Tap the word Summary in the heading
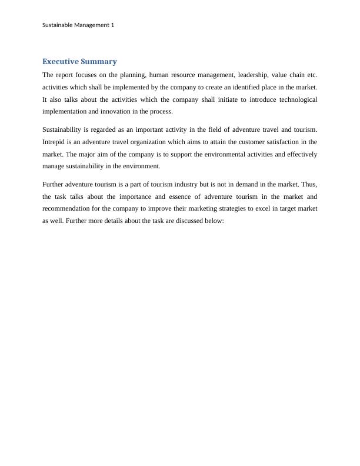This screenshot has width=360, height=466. [101, 62]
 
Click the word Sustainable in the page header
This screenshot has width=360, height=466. [59, 25]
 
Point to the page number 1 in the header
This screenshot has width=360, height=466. [112, 25]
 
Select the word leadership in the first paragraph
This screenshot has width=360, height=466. [238, 75]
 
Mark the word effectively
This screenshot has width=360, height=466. [299, 154]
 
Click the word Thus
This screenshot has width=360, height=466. [309, 184]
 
